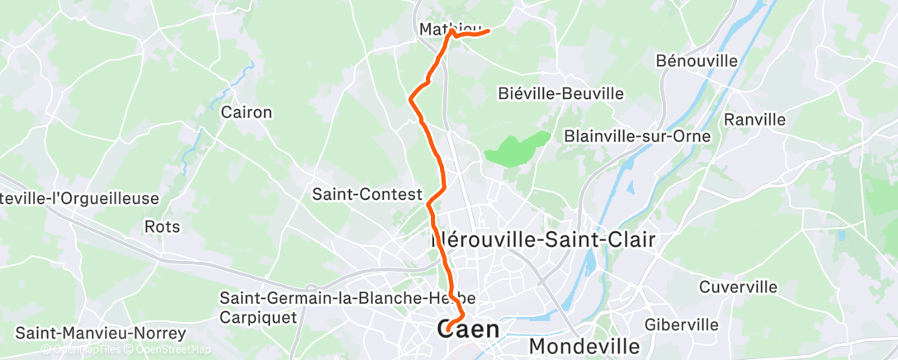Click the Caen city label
pos(468,329)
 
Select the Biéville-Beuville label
pos(561,93)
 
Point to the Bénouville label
pos(696,61)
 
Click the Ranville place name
pos(754,120)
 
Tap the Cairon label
pos(247,112)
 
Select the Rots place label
pos(162,225)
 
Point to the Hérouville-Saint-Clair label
pos(543,240)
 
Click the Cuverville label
pos(738,287)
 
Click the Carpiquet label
pos(257,315)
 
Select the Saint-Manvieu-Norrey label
pos(102,334)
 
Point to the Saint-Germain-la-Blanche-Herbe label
pos(347,297)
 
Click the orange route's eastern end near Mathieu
pos(489,31)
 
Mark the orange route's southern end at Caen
pos(447,331)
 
